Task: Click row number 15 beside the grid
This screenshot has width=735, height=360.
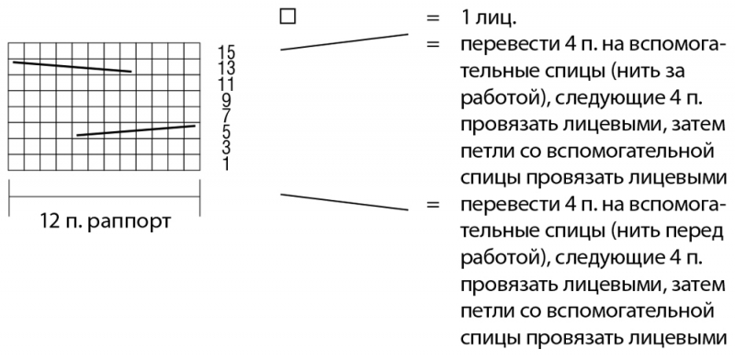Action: click(x=227, y=51)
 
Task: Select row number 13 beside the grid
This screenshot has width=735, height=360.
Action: click(x=227, y=69)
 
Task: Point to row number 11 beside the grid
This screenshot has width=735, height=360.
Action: click(x=226, y=84)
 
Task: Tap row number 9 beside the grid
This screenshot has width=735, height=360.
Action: click(x=227, y=100)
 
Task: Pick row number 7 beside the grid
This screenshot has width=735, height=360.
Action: click(x=227, y=117)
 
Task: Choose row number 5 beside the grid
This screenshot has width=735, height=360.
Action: click(x=227, y=132)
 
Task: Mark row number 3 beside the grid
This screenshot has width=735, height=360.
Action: click(x=227, y=148)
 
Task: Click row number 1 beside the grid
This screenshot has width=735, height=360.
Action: click(x=227, y=164)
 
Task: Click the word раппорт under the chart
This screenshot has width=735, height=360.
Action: click(x=129, y=222)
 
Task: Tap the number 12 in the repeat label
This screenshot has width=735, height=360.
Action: click(x=49, y=220)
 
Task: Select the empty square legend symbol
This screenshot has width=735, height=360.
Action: click(x=288, y=17)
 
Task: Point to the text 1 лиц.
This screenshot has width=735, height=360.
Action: click(x=489, y=18)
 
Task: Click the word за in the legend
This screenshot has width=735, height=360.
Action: click(x=673, y=72)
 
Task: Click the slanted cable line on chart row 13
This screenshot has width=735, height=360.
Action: click(x=72, y=66)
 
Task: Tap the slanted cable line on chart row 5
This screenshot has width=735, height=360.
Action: click(x=136, y=130)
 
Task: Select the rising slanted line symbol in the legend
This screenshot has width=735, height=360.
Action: click(x=344, y=41)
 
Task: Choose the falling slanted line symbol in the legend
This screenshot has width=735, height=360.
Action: click(x=344, y=202)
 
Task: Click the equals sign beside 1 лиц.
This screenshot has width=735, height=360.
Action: click(x=433, y=18)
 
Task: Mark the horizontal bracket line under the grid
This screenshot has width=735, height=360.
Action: click(x=104, y=197)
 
